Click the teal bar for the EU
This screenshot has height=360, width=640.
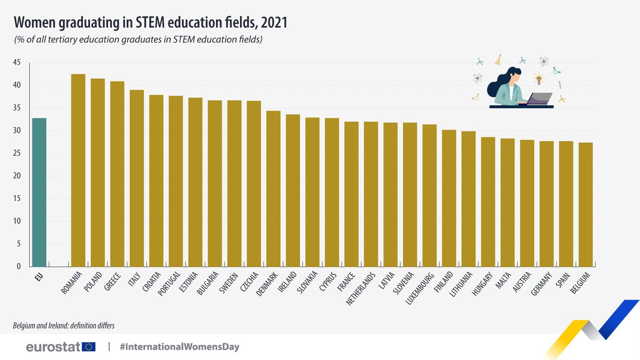click(39, 192)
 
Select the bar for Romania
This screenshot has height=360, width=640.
click(78, 170)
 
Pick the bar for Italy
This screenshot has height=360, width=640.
click(137, 178)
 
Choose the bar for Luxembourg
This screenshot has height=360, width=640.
click(429, 195)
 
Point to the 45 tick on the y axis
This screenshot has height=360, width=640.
click(17, 63)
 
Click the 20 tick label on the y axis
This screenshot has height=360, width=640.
click(17, 176)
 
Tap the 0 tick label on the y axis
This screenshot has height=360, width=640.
click(19, 267)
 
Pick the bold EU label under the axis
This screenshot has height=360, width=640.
click(38, 277)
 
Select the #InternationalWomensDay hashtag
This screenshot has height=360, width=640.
click(179, 347)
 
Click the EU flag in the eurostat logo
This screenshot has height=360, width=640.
click(89, 347)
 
